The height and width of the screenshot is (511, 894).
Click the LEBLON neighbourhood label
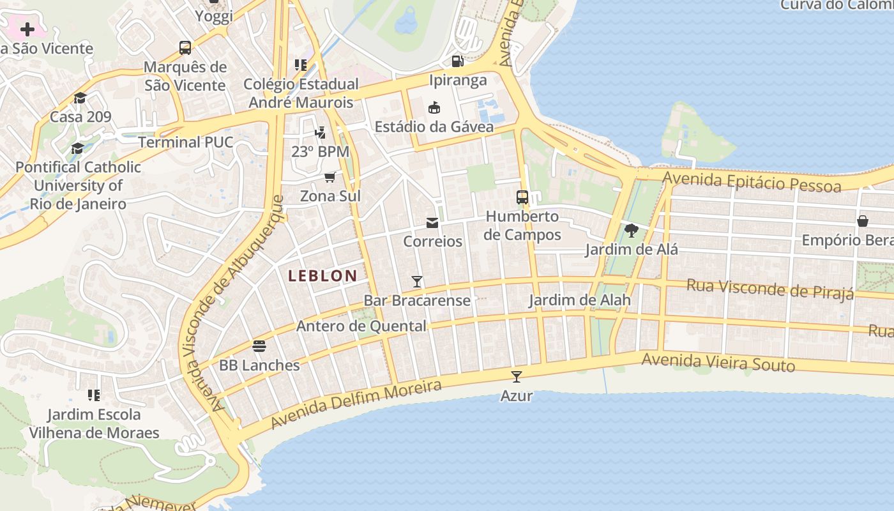coord(322,276)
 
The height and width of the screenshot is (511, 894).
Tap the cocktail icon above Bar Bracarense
coord(417,282)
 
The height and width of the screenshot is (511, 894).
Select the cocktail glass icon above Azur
coord(517,377)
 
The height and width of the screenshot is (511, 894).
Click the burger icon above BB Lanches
coord(259,346)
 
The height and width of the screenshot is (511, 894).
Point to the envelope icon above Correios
coord(432,223)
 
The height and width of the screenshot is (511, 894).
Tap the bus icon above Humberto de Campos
coord(522,197)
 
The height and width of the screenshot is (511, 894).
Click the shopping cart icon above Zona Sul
coord(330,177)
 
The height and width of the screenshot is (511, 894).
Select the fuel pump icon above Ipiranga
coord(457,61)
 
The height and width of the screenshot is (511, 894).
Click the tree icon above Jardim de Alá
coord(631,231)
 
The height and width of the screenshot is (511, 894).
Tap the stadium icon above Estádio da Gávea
coord(434,107)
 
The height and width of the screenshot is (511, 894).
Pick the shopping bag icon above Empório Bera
coord(862,221)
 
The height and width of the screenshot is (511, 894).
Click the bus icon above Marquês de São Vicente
coord(185,48)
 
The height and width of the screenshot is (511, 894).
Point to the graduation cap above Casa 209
coord(80,98)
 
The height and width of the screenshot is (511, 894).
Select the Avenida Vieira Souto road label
coord(718,362)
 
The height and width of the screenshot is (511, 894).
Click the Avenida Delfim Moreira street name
coord(356,404)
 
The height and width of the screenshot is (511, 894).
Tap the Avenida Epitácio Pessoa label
coord(752,181)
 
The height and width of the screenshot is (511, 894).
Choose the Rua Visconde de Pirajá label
coord(769,289)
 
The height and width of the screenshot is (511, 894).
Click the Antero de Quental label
coord(361,326)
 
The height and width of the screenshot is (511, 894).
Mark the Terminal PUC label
coord(186,142)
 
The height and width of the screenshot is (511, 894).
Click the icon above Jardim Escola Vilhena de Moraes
coord(94,395)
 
